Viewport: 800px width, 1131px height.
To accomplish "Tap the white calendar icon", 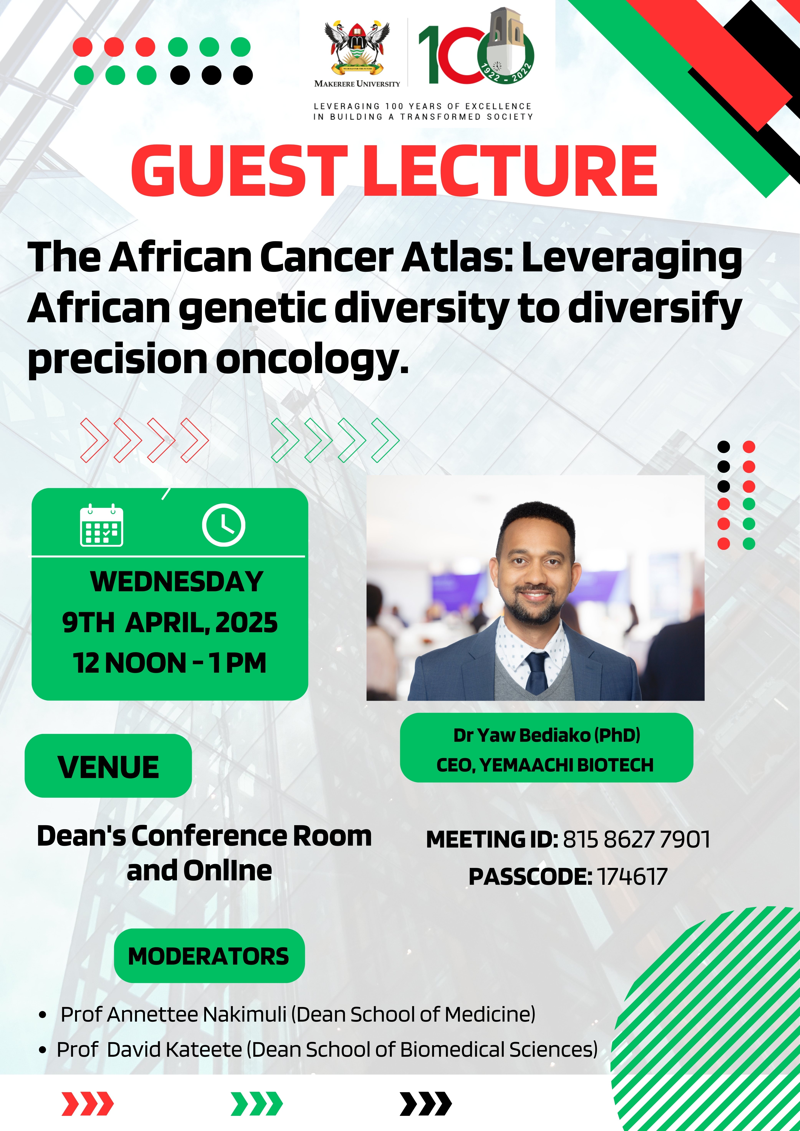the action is (102, 525).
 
